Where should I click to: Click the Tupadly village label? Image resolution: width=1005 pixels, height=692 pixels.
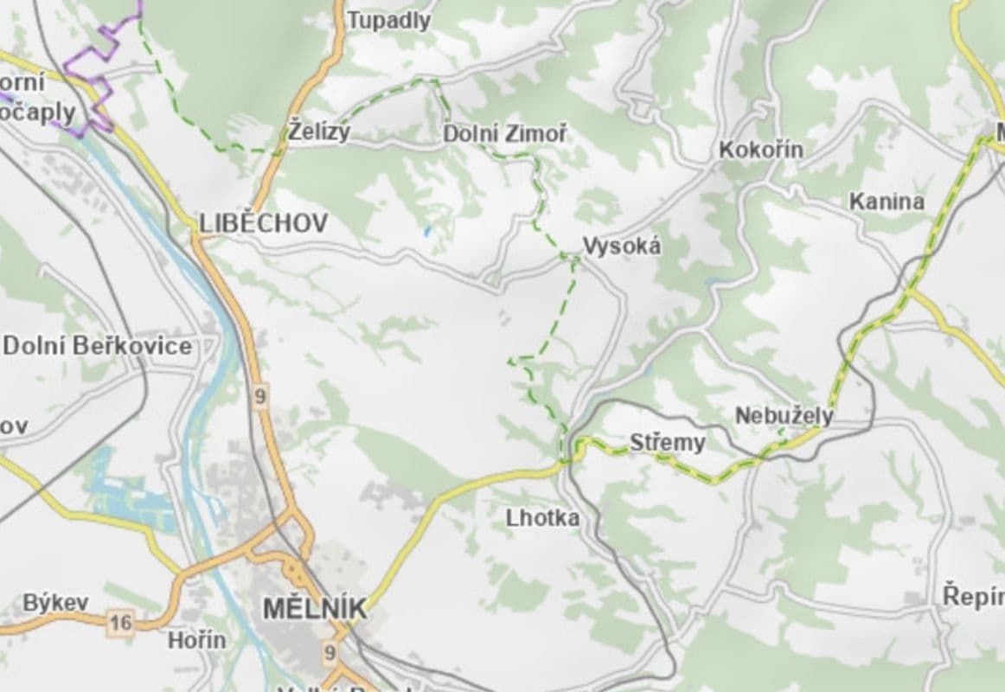point(388,21)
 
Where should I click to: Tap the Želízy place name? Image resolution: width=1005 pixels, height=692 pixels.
point(319,132)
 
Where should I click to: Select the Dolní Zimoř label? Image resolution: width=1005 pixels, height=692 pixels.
point(505,134)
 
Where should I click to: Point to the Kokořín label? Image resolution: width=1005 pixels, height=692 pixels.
point(761,150)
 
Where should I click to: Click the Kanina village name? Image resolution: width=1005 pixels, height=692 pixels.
point(886,202)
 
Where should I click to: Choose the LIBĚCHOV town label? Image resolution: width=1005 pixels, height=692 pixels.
point(264,223)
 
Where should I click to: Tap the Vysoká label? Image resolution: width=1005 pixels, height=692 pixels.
point(622,247)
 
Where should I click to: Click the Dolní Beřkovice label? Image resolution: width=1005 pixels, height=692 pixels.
point(97,346)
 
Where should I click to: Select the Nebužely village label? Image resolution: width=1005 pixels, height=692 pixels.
point(784,416)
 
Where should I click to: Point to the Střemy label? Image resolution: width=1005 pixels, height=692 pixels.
point(667,444)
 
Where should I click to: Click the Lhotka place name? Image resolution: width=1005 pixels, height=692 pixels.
point(542,518)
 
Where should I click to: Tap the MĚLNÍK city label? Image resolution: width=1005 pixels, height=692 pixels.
point(314,608)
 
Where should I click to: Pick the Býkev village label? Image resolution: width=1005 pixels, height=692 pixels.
point(55,602)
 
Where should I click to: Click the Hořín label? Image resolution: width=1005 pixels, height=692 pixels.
point(196,640)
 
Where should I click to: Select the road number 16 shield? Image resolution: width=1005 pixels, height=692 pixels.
point(120,622)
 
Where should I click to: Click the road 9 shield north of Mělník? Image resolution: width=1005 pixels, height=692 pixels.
point(260,397)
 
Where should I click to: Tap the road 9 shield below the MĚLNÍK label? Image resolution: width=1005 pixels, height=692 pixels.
point(330,651)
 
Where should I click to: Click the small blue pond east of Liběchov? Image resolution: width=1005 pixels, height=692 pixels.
point(426,232)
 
